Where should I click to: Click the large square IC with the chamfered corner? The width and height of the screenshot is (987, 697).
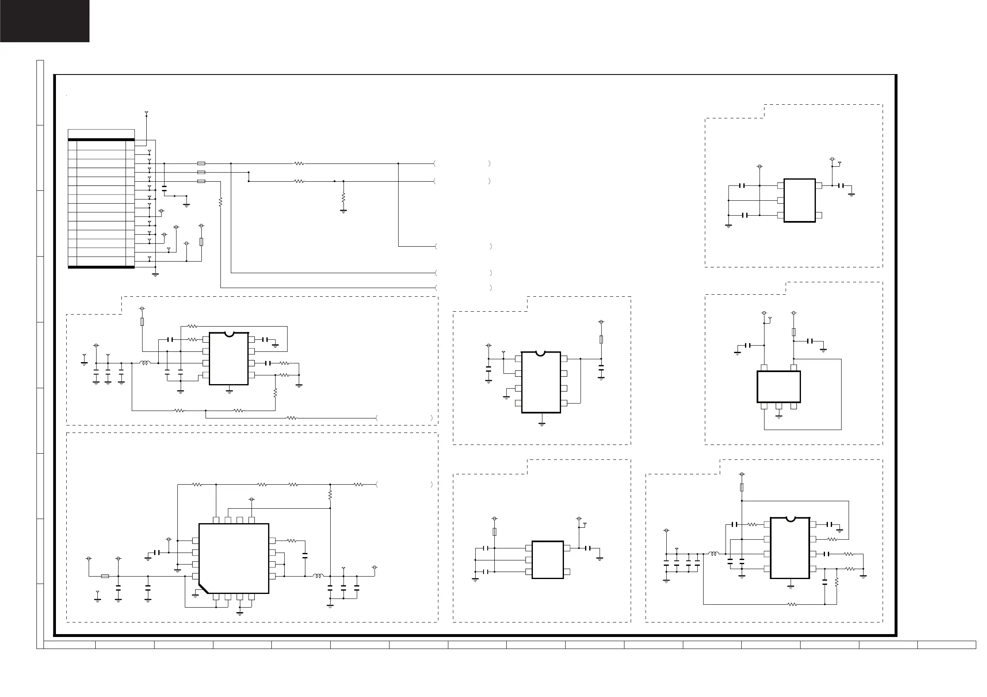coord(233,558)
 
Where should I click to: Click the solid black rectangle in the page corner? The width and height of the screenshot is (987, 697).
coord(45,21)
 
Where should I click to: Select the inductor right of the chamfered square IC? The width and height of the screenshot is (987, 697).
coord(318,576)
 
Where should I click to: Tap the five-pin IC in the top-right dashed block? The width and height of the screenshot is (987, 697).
coord(799,200)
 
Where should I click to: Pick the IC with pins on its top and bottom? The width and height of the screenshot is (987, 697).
coord(778,387)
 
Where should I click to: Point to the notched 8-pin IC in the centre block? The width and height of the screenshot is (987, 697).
coord(541,382)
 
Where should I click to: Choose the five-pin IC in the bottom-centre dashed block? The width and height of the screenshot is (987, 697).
coord(547,560)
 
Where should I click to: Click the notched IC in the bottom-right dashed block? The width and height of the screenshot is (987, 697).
coord(790,548)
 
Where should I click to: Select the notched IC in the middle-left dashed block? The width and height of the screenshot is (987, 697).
coord(229,358)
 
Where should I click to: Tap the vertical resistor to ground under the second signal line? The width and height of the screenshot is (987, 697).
coord(344,198)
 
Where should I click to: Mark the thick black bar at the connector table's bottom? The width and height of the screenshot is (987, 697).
coord(102,267)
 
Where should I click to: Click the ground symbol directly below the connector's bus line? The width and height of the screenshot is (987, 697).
coord(155,274)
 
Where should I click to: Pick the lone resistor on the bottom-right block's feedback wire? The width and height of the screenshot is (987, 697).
coord(792,604)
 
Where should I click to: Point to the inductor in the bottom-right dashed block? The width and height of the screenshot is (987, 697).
coord(713,554)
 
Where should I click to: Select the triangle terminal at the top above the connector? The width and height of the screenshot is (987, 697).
coord(147,113)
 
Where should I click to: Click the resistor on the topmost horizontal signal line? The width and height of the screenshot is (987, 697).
coord(299,163)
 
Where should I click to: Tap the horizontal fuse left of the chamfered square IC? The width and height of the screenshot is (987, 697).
coord(105,576)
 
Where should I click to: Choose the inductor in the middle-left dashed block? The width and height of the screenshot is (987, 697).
coord(145,363)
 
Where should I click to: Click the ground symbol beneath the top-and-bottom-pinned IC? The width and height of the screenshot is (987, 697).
coord(779,416)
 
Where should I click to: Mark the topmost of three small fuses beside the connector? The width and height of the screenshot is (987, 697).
coord(201,163)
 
